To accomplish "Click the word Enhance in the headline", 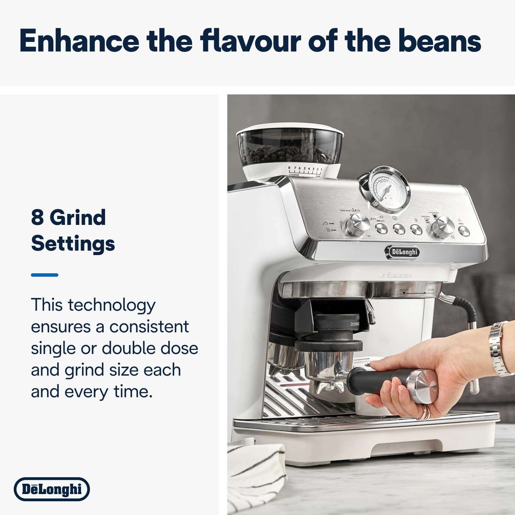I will pos(79,41).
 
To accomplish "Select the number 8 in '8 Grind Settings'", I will pos(37,218).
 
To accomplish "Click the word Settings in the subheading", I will pos(73,244).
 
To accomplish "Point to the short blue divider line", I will pos(45,275).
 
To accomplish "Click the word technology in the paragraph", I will pos(112,305).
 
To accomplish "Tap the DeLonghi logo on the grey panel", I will pos(52,489).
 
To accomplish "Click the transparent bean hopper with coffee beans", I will pos(290,146).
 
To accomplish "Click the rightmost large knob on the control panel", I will pos(443,226).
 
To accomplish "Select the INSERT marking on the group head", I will pos(404,290).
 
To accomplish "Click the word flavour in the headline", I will pos(251,41).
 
